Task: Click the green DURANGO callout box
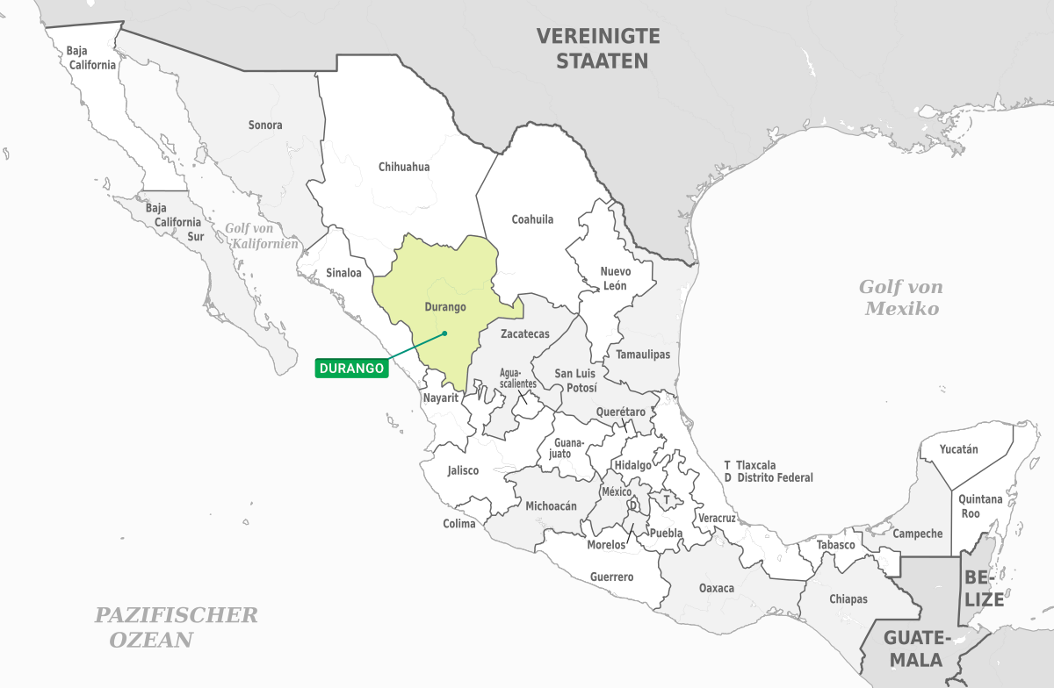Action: tap(351, 369)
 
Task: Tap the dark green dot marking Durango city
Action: tap(445, 333)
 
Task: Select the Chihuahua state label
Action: tap(404, 167)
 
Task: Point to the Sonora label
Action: tap(265, 125)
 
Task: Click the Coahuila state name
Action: tap(532, 219)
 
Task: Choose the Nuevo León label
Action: tap(616, 278)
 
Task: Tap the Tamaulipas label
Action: tap(643, 355)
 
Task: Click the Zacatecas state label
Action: tap(524, 334)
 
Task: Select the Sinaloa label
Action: tap(343, 273)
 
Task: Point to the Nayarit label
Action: tap(441, 398)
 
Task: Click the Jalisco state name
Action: tap(463, 470)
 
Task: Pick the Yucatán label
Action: tap(958, 449)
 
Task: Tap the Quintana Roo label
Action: tap(981, 506)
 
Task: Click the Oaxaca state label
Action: tap(717, 588)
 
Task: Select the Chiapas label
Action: tap(848, 599)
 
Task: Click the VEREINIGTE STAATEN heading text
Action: tap(597, 49)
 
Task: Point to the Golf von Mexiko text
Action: tap(901, 297)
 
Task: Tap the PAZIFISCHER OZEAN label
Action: tap(176, 627)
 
